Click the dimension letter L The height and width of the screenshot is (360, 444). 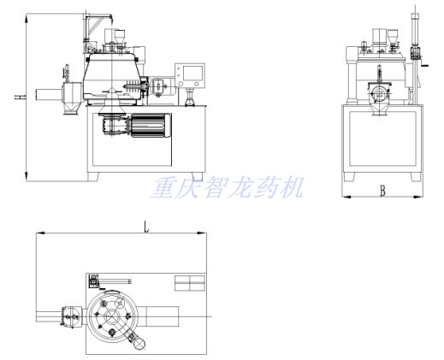(146, 227)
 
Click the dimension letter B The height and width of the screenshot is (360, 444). (382, 191)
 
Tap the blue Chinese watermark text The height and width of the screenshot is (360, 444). (228, 187)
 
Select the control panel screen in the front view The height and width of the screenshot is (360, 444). (193, 73)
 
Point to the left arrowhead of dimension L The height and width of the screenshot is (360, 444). (41, 233)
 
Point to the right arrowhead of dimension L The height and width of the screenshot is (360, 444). (202, 233)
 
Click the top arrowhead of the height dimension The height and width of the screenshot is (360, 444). (27, 18)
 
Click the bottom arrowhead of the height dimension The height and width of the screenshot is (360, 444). (27, 176)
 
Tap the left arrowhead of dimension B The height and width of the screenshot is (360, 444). (346, 197)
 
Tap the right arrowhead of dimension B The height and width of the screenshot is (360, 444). (418, 197)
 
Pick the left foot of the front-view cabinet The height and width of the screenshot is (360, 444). (93, 176)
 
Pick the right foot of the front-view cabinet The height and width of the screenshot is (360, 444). (198, 176)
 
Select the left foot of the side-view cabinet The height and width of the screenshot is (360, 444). (349, 176)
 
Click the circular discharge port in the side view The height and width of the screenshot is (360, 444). (379, 93)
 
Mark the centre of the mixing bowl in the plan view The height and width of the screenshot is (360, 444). (112, 316)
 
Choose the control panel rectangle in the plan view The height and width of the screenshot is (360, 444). (190, 283)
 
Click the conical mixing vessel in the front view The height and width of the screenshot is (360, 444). (112, 75)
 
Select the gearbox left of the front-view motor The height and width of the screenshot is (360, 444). (115, 125)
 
